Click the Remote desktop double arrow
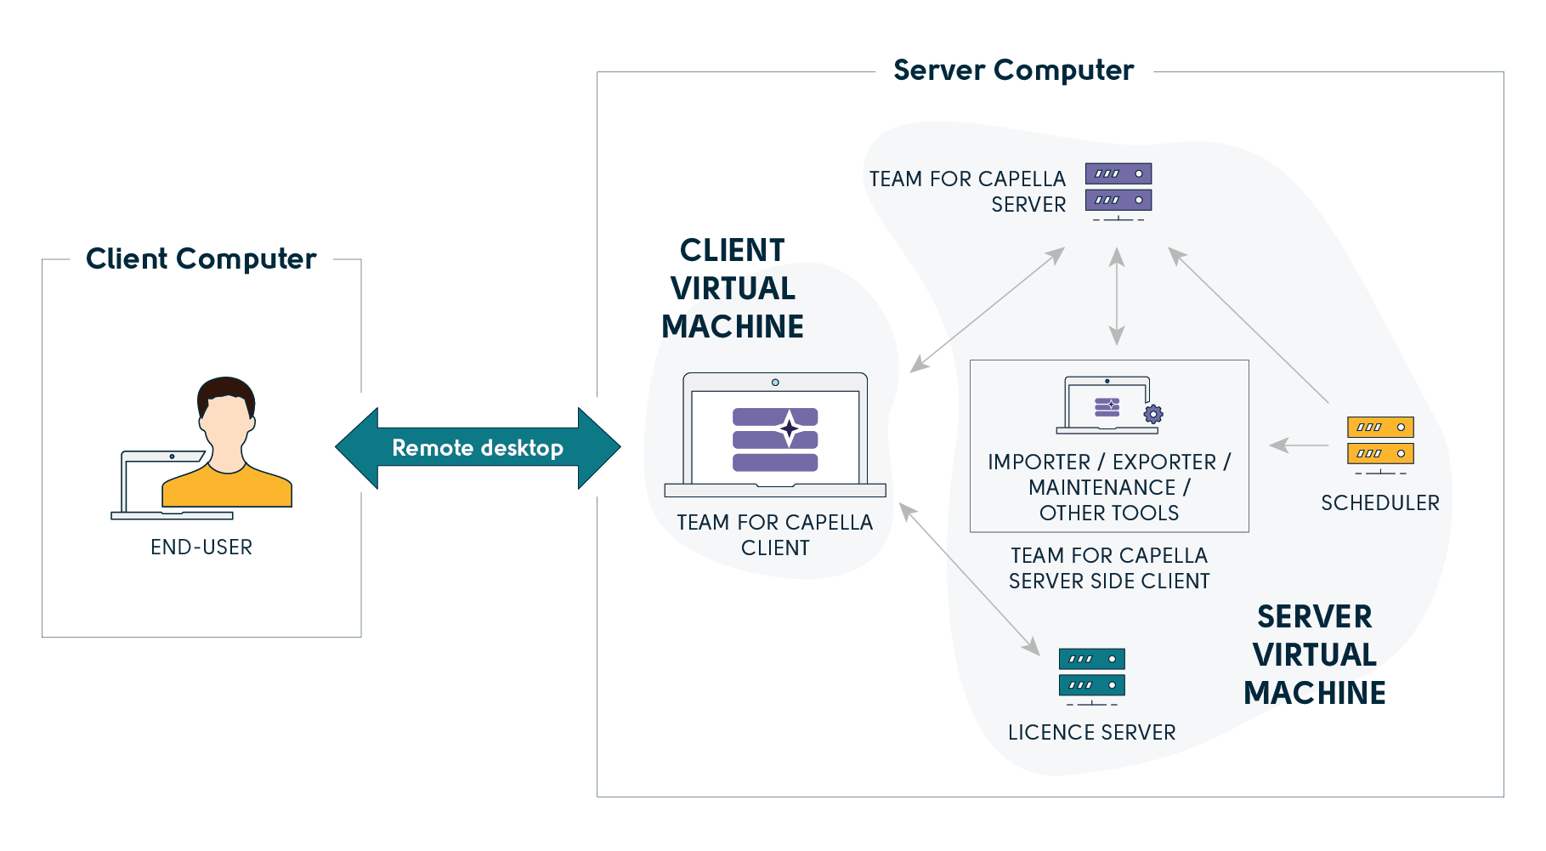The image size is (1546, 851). point(478,448)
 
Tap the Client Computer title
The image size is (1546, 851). point(201,258)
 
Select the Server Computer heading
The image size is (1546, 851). point(1013,71)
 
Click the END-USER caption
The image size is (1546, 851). point(201,547)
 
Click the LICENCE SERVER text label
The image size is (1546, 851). point(1091,732)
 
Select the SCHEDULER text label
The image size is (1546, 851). point(1380,503)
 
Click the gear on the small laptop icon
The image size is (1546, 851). point(1153,414)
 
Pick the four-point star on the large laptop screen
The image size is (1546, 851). point(790,428)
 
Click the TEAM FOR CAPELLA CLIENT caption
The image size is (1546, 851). point(775,535)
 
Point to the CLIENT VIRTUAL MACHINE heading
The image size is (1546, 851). point(733,288)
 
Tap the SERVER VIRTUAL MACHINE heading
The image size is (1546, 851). point(1315,655)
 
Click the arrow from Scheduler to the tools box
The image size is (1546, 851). point(1300,445)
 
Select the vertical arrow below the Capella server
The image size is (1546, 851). point(1117,296)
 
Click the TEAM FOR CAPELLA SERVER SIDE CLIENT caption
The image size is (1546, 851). point(1109,568)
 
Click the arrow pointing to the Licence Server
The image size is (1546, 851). point(970,579)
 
